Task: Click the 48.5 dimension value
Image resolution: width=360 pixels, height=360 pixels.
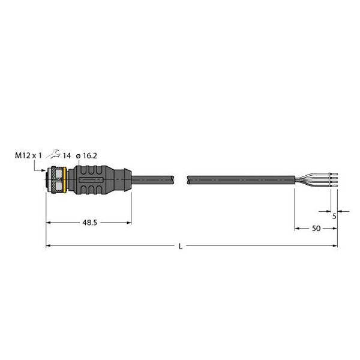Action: tap(89, 223)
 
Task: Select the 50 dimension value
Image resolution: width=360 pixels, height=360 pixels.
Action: tap(315, 229)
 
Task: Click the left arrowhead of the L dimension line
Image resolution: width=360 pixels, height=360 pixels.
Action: tap(49, 246)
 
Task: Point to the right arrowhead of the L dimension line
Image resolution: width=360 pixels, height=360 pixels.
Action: tap(334, 246)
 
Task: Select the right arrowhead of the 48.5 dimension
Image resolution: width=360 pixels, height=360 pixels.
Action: tap(129, 223)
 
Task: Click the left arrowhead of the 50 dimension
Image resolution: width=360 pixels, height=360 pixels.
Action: tap(297, 229)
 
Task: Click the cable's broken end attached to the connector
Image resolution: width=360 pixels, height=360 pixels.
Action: tap(173, 179)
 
